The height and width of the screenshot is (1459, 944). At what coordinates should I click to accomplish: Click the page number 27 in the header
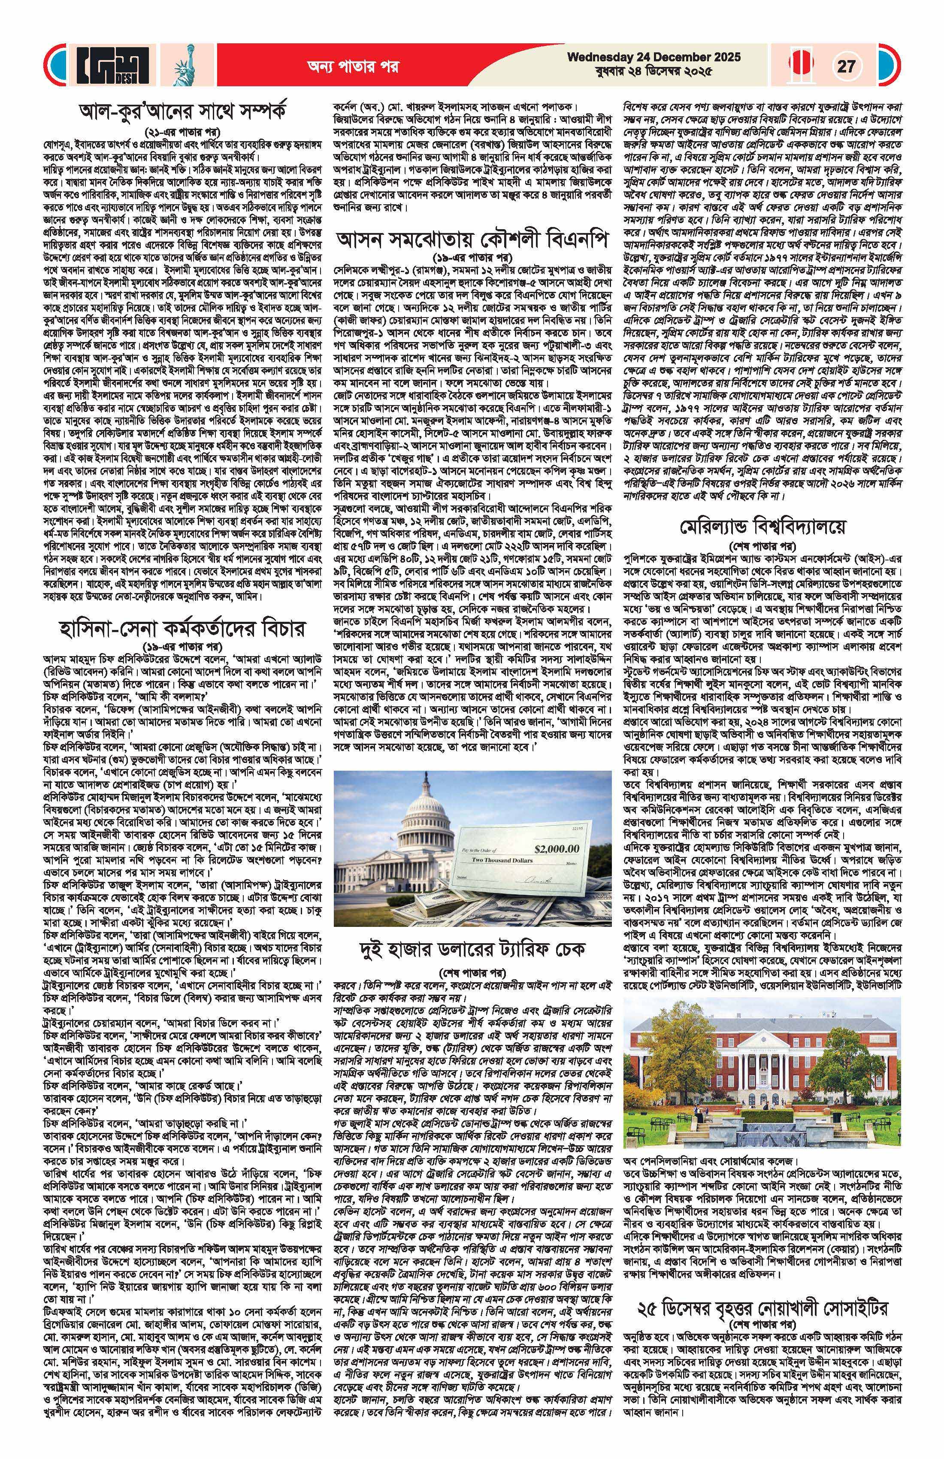(x=846, y=66)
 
